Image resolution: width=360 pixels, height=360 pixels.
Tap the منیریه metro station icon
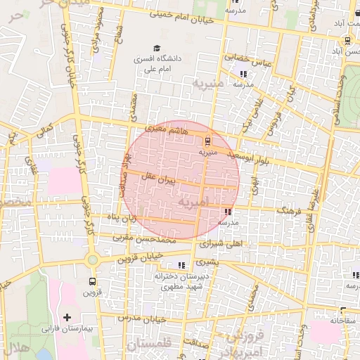(206, 141)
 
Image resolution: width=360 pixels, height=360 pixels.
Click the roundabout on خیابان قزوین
(92, 260)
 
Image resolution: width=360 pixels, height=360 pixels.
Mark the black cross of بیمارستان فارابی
(67, 317)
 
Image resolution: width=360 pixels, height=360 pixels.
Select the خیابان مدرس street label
(141, 319)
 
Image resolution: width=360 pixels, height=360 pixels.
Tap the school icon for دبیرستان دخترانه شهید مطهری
(182, 265)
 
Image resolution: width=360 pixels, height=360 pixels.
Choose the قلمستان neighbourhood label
(150, 345)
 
